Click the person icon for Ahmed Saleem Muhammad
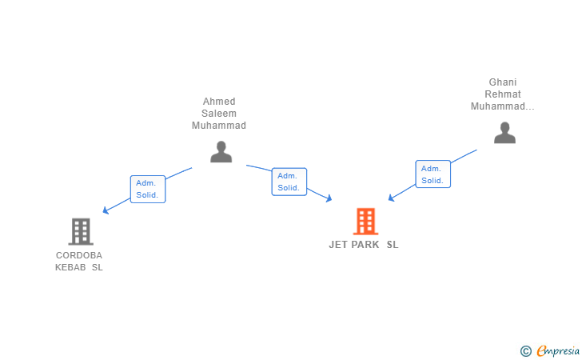point(221,151)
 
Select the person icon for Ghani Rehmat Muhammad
point(504,132)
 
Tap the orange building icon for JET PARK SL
point(365,222)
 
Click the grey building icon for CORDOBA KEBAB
point(81,231)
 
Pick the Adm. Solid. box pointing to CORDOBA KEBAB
point(148,189)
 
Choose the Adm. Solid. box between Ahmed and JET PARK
point(289,182)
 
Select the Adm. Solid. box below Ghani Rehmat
point(433,174)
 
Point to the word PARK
point(365,245)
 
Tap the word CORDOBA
point(79,255)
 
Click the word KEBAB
point(70,267)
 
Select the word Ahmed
point(219,102)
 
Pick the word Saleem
point(219,114)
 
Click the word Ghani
point(503,82)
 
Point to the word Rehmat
point(503,94)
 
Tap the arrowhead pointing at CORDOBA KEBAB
point(106,211)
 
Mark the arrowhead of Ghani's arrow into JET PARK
point(391,198)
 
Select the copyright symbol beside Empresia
point(525,350)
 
